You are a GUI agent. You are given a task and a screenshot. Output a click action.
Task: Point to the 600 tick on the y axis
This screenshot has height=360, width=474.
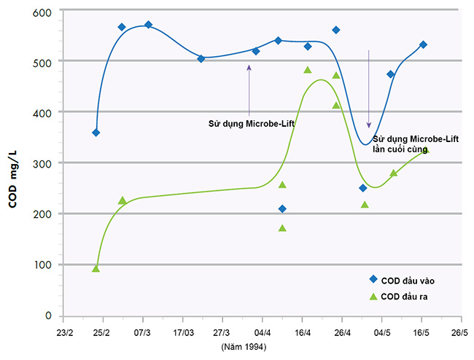pyautogui.click(x=42, y=12)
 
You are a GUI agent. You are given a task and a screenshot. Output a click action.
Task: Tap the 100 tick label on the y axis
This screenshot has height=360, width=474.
pyautogui.click(x=42, y=265)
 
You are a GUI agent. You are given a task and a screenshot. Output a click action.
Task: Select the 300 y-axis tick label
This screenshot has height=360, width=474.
pyautogui.click(x=42, y=164)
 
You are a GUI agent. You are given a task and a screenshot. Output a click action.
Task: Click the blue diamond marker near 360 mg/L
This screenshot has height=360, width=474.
pyautogui.click(x=96, y=133)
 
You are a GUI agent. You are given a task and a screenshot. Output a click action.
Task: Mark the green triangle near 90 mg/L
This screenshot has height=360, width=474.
pyautogui.click(x=96, y=268)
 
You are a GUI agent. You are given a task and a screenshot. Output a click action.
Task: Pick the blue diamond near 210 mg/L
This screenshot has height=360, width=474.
pyautogui.click(x=282, y=209)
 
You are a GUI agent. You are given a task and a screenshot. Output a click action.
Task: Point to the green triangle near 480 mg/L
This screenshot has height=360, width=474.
pyautogui.click(x=308, y=70)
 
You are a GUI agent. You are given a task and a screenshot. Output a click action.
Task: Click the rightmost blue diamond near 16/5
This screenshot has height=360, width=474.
pyautogui.click(x=423, y=44)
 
